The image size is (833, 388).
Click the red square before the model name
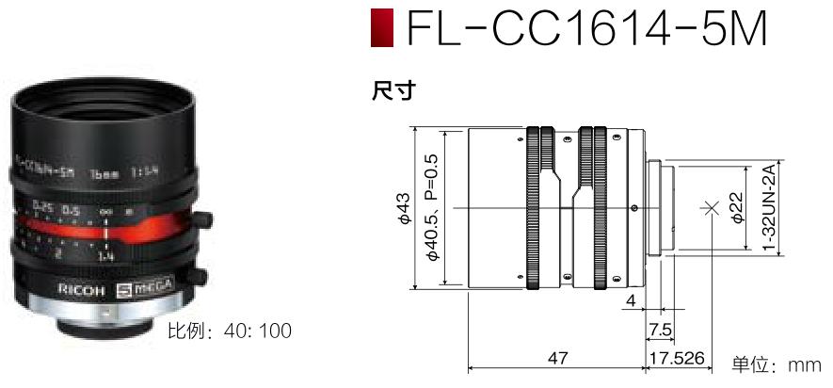tap(381, 30)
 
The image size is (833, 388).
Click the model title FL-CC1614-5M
tap(586, 30)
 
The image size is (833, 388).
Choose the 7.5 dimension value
tap(662, 329)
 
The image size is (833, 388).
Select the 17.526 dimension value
tap(678, 358)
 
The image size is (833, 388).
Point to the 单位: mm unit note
tap(777, 364)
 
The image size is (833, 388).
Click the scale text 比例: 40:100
tap(229, 331)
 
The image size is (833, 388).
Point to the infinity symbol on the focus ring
tap(106, 211)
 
